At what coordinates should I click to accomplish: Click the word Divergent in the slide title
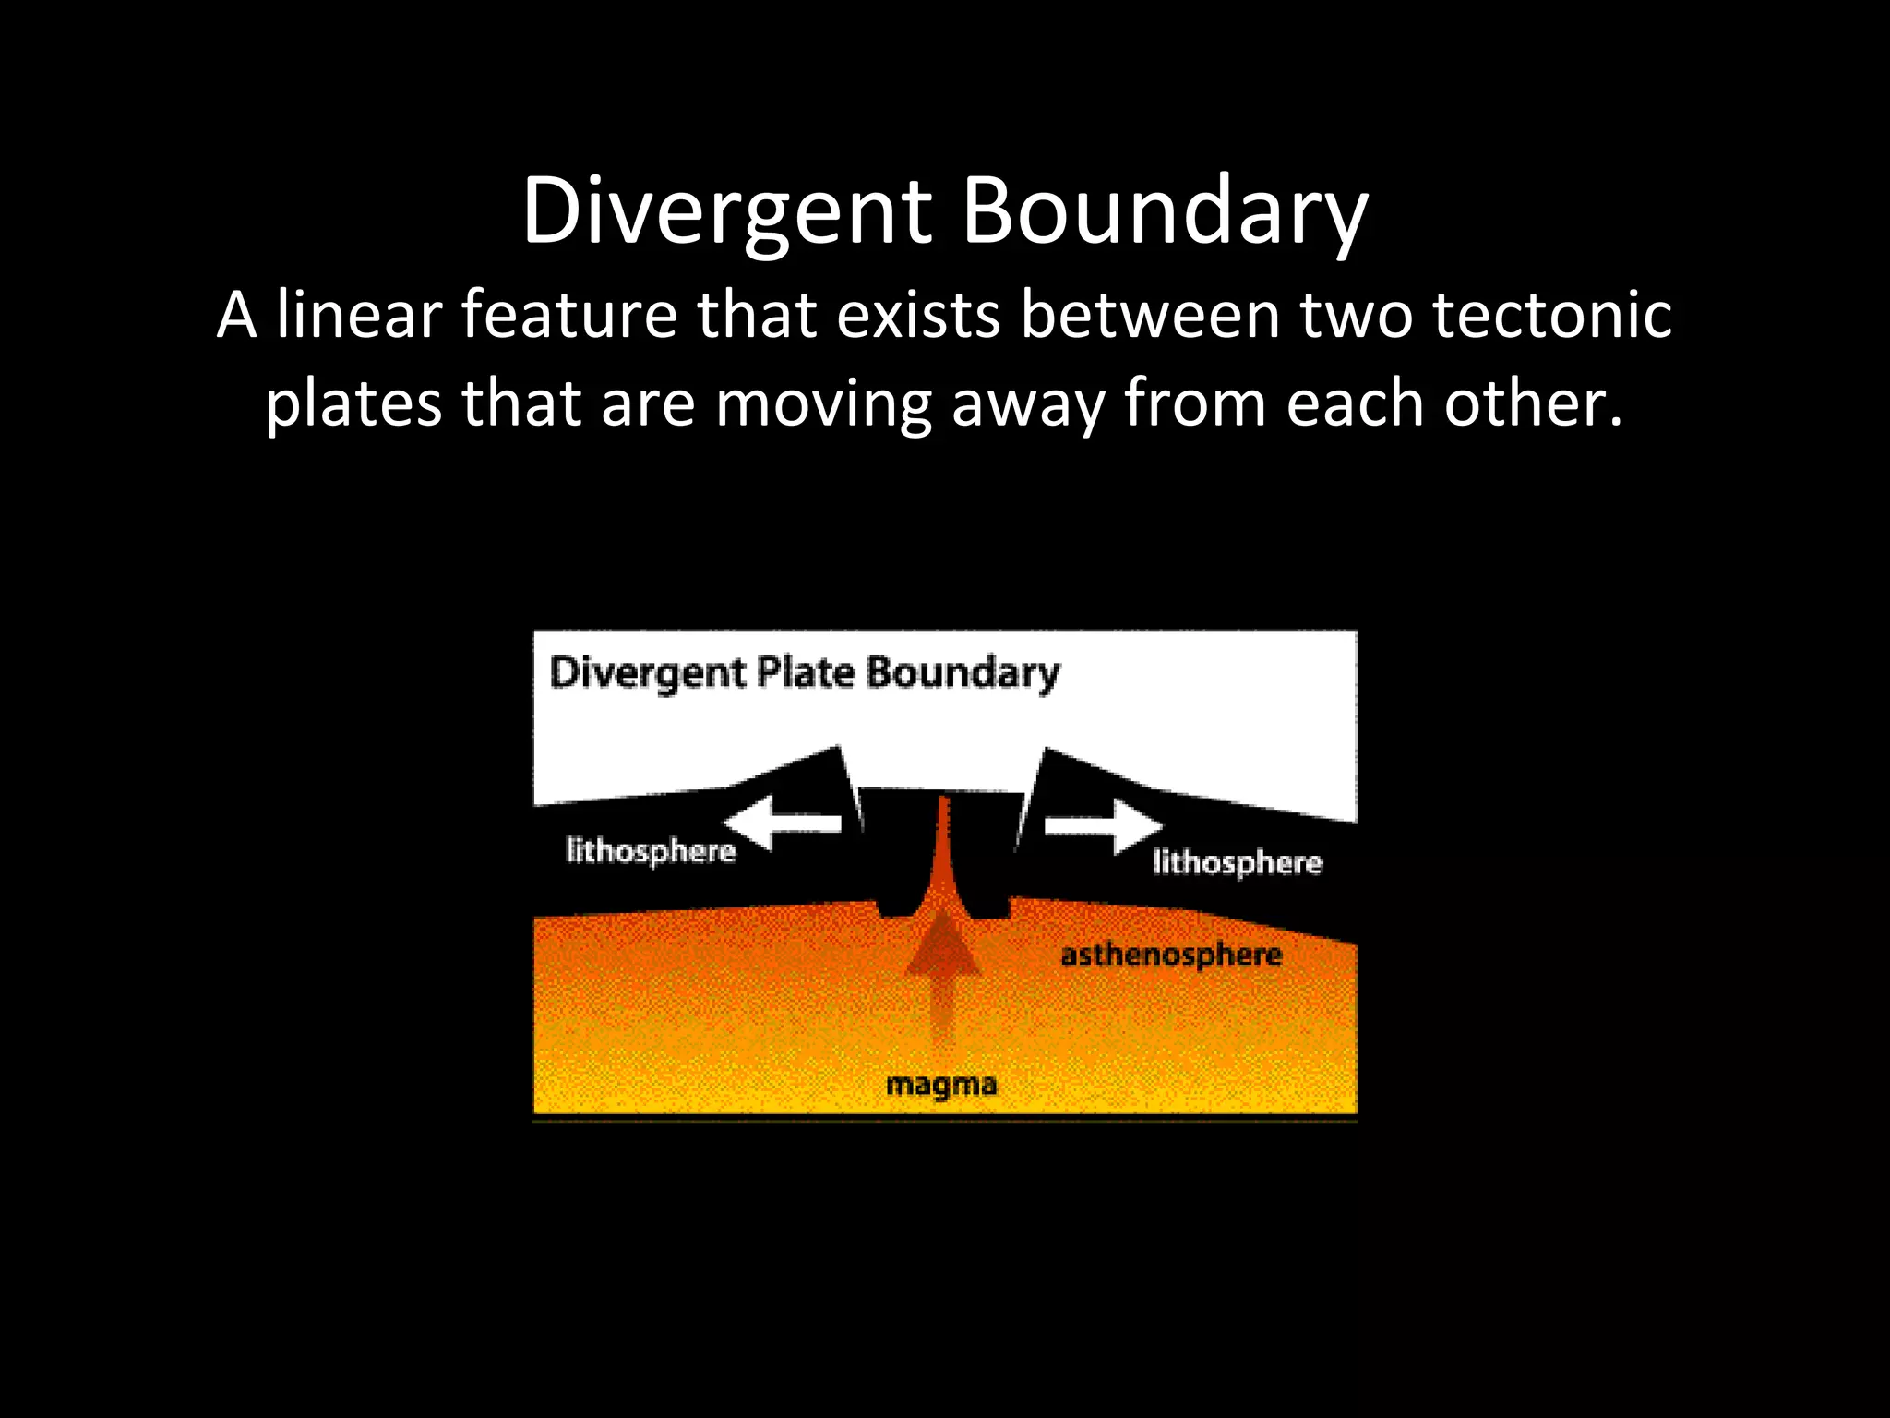(x=727, y=212)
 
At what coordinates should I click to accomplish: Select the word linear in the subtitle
(x=360, y=315)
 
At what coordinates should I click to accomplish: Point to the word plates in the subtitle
(x=353, y=404)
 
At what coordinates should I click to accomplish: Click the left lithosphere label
(x=651, y=850)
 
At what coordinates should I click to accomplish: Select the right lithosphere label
(x=1237, y=862)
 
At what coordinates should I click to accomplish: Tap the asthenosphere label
(x=1171, y=955)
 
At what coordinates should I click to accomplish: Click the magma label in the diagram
(x=941, y=1085)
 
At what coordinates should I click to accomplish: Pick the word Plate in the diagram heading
(x=806, y=672)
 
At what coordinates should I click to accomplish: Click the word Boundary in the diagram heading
(x=963, y=672)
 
